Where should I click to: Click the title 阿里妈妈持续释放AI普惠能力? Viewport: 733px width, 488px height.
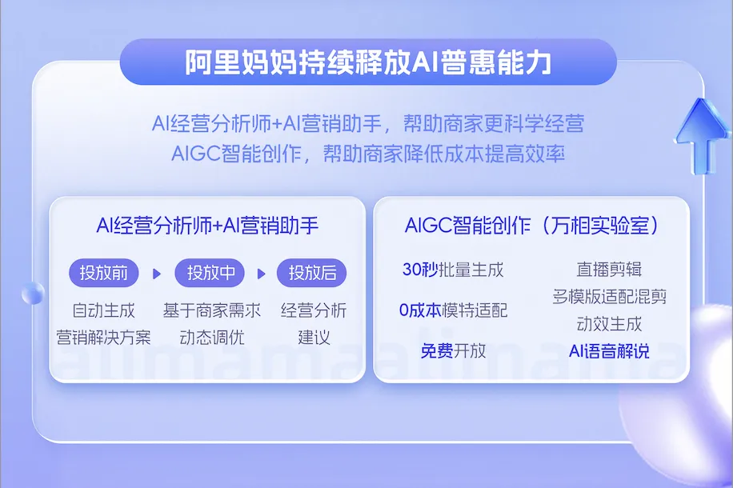coord(368,62)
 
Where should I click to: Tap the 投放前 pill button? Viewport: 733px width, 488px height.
coord(104,273)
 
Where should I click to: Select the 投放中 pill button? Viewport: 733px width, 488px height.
coord(210,273)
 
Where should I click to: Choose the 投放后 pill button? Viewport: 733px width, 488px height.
coord(312,273)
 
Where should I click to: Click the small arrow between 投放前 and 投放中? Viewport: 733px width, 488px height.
coord(157,274)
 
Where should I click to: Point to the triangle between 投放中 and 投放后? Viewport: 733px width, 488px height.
coord(262,274)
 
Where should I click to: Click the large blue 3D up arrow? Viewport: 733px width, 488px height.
coord(701,135)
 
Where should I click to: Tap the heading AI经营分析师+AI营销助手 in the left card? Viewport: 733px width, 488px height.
coord(207,226)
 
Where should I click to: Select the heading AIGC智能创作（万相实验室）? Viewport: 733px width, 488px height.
coord(532,226)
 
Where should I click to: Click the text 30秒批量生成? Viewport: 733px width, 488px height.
coord(453,270)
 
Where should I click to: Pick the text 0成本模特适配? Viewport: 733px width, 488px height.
coord(453,310)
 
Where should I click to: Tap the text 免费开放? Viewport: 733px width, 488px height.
coord(453,350)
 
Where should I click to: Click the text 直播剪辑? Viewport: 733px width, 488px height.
coord(609,270)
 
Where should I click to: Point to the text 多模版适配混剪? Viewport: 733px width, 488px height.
coord(609,296)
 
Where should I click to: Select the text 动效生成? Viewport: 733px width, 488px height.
coord(609,323)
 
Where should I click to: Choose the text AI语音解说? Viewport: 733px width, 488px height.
coord(609,350)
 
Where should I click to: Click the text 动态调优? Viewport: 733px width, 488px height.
coord(212,337)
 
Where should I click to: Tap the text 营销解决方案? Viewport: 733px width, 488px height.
coord(103,337)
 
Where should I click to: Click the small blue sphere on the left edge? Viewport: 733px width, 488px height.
coord(33,294)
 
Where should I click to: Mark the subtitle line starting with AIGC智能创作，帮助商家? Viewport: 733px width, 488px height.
coord(368,154)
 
